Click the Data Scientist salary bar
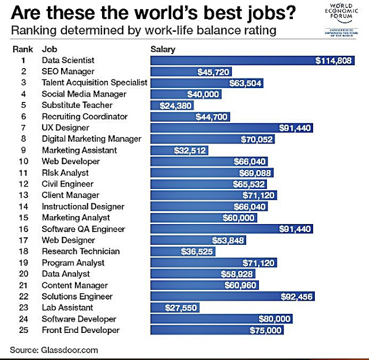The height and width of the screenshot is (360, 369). coord(252,60)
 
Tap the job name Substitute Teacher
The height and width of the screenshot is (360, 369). coord(77,105)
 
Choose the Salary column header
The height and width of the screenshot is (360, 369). coord(163,49)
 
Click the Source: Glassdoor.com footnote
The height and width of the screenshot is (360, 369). coord(54,350)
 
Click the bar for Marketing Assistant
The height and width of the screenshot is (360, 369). coord(179,150)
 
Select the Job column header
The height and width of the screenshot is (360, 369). coord(50,49)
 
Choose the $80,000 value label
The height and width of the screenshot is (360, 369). coord(276,319)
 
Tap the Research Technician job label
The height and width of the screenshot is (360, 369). coord(81,251)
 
